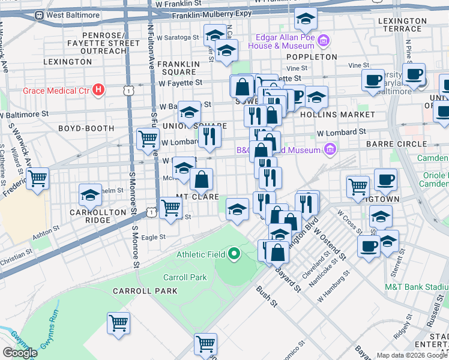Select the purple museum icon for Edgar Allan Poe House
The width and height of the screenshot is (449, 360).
324,41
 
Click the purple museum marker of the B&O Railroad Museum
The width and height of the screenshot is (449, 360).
329,149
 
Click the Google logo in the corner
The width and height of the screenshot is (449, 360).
20,353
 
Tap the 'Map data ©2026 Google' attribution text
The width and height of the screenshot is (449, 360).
412,355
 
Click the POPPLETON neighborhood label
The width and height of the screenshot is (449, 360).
312,57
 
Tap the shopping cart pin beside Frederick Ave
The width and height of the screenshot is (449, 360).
38,178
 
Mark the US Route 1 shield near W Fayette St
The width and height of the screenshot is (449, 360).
127,90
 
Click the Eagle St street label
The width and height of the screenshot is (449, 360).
153,237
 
